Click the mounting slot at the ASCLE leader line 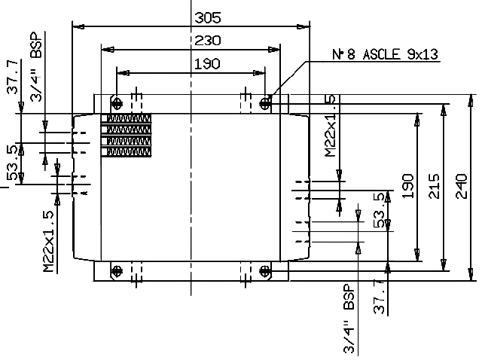265,102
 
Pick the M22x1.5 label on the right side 330,126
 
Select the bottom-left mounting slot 115,270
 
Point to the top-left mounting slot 115,102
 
